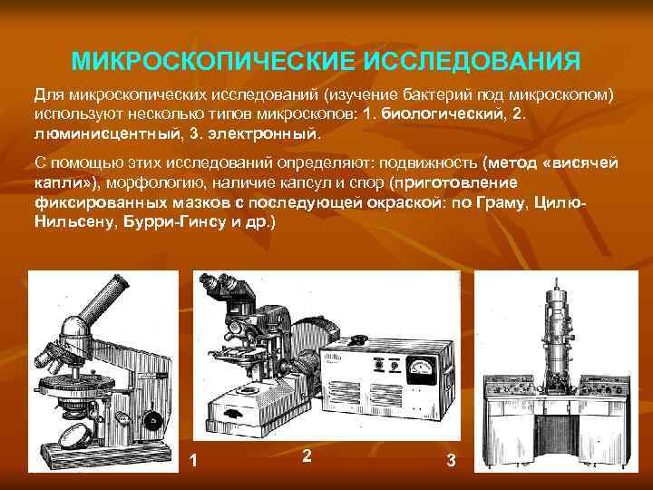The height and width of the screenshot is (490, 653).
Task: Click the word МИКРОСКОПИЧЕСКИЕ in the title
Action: tap(212, 63)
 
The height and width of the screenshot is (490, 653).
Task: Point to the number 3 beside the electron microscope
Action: tap(451, 461)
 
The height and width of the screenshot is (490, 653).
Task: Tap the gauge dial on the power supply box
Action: tap(421, 368)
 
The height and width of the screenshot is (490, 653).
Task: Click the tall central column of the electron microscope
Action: tap(554, 327)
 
